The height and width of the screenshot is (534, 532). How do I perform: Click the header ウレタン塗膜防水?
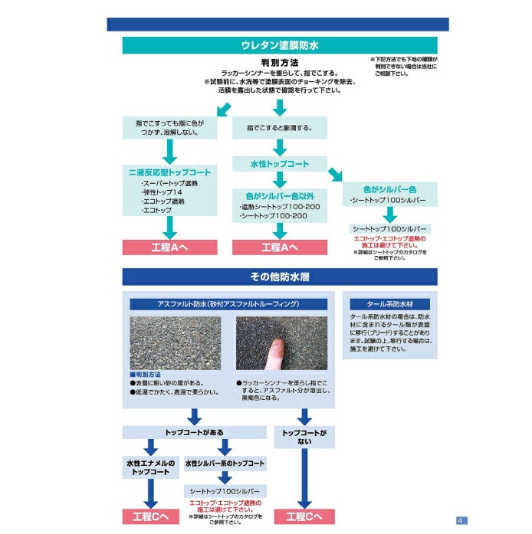tap(280, 45)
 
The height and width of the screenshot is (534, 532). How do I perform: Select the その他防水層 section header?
tap(280, 276)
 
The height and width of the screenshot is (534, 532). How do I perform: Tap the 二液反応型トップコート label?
tap(170, 173)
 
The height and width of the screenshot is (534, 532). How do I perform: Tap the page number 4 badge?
tap(461, 521)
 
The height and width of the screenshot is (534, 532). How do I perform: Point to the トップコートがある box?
tap(195, 431)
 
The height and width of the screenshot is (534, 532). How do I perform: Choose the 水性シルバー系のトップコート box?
tap(225, 464)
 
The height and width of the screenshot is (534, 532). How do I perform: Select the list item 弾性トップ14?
tap(163, 192)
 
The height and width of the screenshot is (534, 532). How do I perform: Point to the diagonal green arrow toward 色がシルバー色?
tap(335, 174)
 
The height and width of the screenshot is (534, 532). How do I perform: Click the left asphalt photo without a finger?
tap(176, 342)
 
